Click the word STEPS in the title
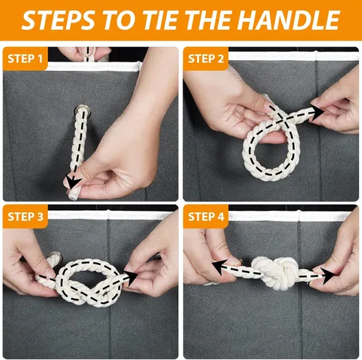click(x=59, y=20)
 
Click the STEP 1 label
click(x=25, y=59)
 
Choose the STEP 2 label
click(x=206, y=59)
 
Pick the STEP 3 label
click(x=25, y=217)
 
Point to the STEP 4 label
click(x=206, y=217)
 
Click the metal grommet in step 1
click(x=83, y=110)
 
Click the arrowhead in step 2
click(x=317, y=112)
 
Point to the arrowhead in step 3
click(x=131, y=277)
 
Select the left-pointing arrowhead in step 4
click(x=219, y=267)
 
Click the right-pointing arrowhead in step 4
click(x=328, y=276)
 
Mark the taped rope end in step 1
click(x=72, y=195)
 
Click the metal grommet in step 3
click(x=55, y=256)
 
